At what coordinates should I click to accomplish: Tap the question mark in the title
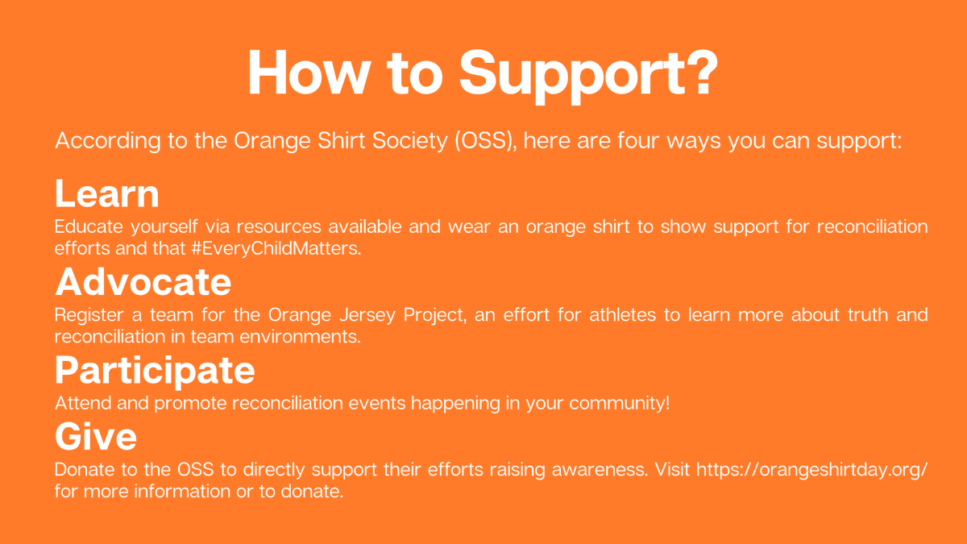[x=698, y=73]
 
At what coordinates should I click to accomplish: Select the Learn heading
[x=106, y=195]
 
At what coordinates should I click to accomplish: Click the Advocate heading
[x=143, y=283]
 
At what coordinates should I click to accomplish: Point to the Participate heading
[x=155, y=370]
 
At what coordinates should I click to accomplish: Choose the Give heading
[x=95, y=437]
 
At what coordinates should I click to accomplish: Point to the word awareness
[x=604, y=469]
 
